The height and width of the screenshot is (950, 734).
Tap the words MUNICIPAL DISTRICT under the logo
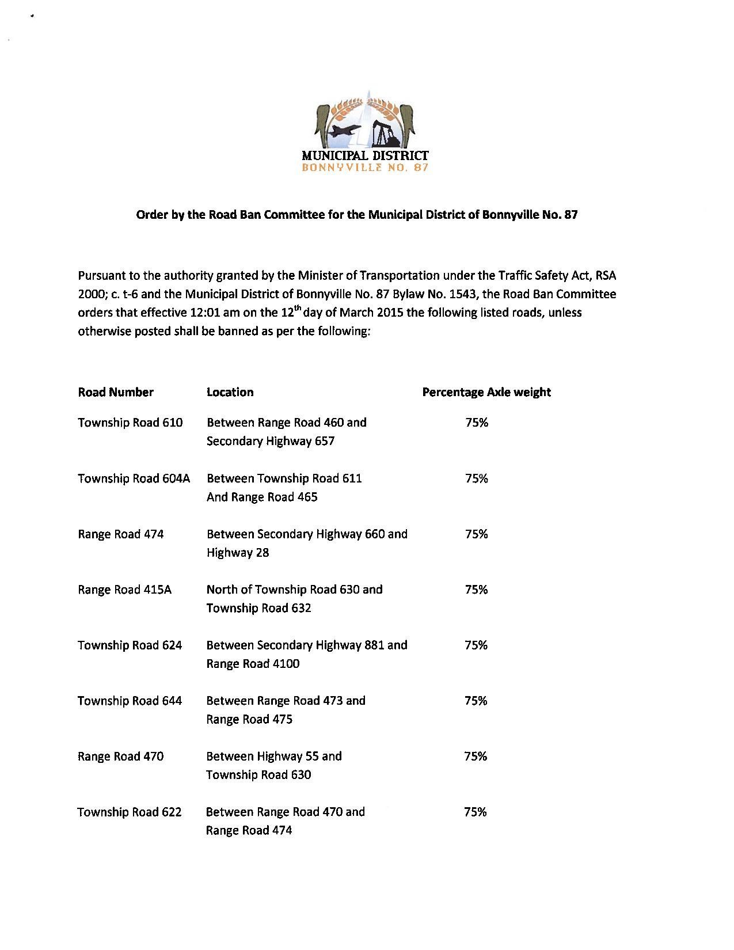click(x=365, y=155)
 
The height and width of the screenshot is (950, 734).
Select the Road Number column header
click(x=116, y=392)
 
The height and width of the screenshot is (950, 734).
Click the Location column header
click(x=230, y=392)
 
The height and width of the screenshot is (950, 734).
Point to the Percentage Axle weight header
click(x=486, y=392)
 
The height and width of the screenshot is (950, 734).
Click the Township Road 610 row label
click(x=130, y=423)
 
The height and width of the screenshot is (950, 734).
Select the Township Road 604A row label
click(x=134, y=478)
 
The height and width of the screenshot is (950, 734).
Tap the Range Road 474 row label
click(x=121, y=534)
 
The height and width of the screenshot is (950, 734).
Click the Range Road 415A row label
click(x=125, y=590)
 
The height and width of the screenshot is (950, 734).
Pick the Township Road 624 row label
click(x=130, y=645)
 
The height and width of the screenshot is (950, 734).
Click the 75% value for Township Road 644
click(x=476, y=701)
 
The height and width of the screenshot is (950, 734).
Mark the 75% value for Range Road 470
click(x=476, y=757)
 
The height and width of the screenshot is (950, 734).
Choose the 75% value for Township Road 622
click(x=476, y=812)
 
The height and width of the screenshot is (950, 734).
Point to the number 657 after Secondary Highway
click(x=325, y=442)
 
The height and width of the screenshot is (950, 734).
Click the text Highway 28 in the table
click(x=238, y=553)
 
